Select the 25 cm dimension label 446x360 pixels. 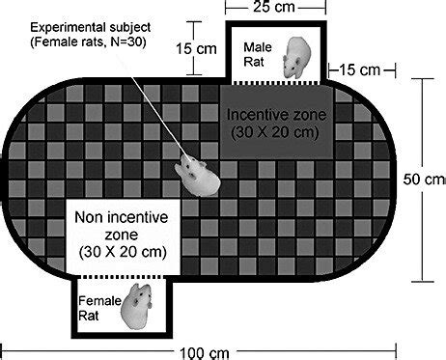pos(273,9)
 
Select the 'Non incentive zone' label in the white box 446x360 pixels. pos(119,227)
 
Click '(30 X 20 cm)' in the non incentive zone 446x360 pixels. pos(119,252)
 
